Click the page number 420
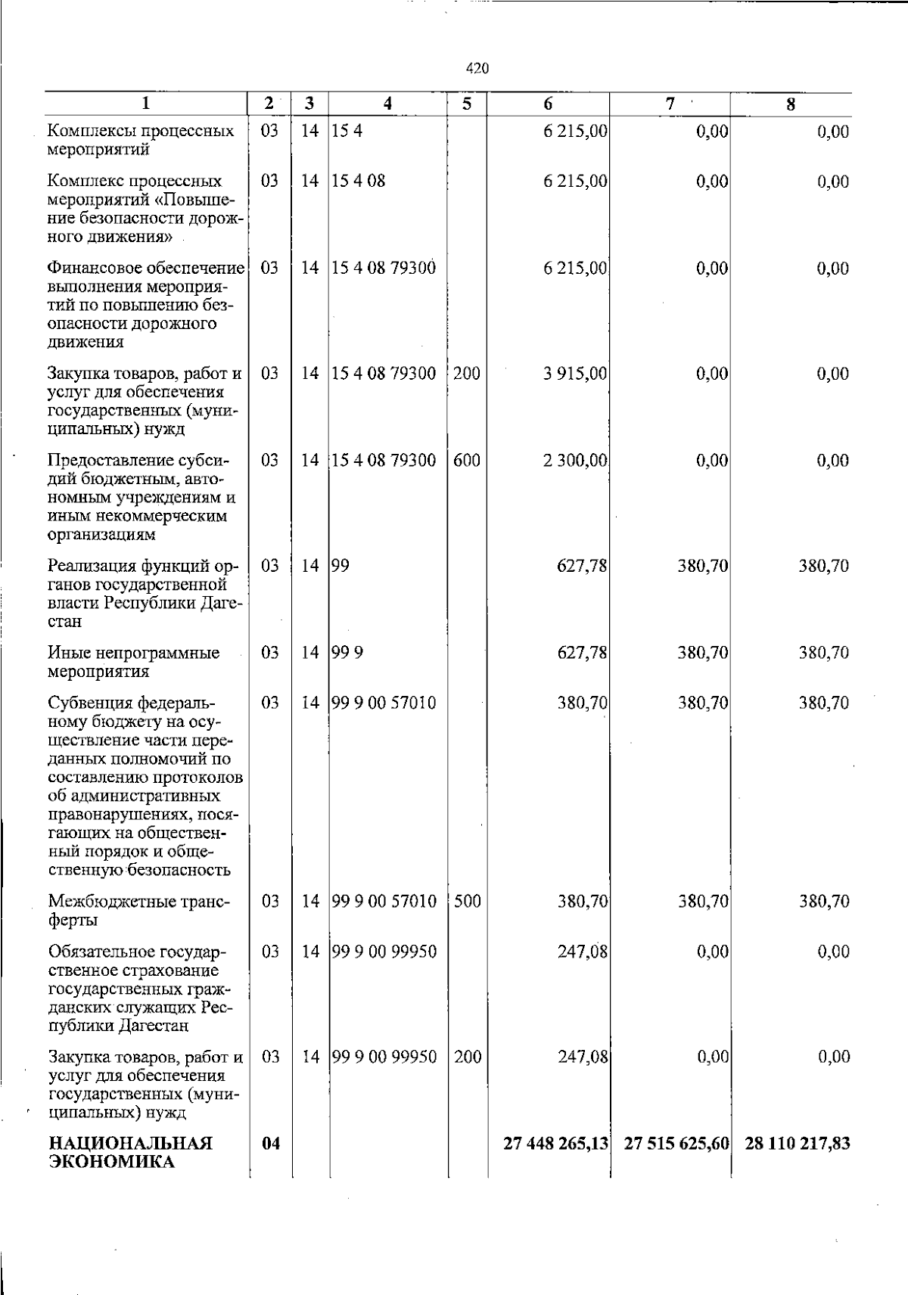(477, 69)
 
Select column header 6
(548, 104)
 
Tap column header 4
(387, 104)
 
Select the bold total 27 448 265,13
(556, 1144)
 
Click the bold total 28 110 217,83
(797, 1144)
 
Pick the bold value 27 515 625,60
(676, 1144)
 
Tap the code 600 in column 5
(467, 461)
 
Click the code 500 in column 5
(467, 902)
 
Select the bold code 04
(270, 1144)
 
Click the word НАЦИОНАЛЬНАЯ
(130, 1144)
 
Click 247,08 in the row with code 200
(583, 1057)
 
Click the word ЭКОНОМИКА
(111, 1163)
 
